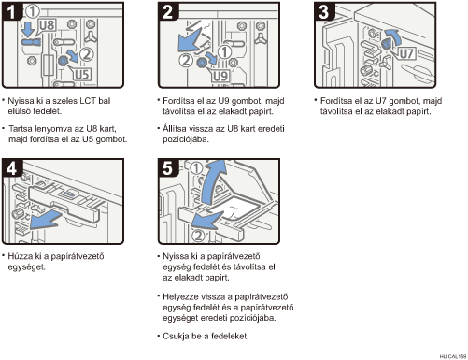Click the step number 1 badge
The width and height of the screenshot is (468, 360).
pos(11,11)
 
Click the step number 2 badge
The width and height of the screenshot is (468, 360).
pos(168,11)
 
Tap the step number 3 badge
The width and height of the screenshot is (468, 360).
pos(324,11)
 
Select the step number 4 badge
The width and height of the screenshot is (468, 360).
pos(11,168)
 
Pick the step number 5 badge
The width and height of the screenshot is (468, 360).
pos(168,168)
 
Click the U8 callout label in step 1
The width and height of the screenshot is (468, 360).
pos(47,25)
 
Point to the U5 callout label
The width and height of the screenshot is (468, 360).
pos(81,74)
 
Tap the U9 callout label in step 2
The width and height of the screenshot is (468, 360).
pos(220,76)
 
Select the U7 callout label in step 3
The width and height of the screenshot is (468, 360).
pos(406,53)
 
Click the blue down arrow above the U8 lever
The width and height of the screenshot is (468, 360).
pos(29,29)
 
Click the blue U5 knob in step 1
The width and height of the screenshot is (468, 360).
pos(63,61)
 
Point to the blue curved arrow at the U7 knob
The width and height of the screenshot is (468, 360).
pos(393,36)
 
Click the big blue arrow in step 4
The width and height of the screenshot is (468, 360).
pos(47,219)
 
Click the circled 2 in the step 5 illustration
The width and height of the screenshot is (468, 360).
pos(198,236)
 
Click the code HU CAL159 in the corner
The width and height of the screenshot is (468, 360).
pos(453,356)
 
